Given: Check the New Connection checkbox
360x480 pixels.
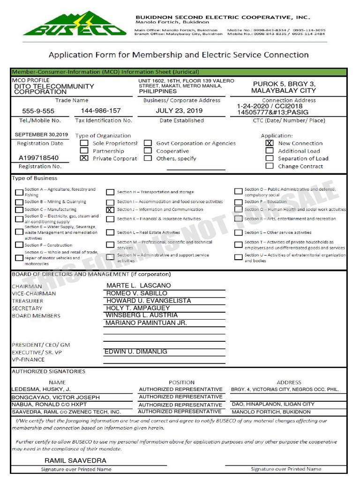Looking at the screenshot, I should (270, 143).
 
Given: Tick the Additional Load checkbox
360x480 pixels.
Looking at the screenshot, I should (270, 150).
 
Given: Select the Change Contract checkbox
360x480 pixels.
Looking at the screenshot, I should (270, 166).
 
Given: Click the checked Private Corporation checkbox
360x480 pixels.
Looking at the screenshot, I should (84, 158).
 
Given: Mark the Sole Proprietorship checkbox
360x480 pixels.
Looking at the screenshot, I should (84, 143).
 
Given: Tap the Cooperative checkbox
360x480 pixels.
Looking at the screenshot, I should (148, 151).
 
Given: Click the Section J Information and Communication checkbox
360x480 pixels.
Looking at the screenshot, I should (110, 210).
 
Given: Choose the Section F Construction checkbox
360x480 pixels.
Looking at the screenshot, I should (19, 245).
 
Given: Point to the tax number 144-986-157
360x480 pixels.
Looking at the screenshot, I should (101, 111).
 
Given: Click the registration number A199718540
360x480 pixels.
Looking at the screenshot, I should (39, 158).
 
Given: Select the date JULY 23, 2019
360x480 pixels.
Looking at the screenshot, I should (179, 111).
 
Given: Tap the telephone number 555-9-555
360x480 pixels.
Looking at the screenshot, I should (38, 111).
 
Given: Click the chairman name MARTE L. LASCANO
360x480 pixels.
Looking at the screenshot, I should (139, 285).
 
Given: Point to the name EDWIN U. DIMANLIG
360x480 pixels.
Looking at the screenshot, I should (135, 352).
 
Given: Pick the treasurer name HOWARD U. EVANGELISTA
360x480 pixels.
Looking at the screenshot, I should (149, 300).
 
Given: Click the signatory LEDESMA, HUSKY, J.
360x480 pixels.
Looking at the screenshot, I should (41, 389).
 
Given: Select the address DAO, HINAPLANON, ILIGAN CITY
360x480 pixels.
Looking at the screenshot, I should (273, 404).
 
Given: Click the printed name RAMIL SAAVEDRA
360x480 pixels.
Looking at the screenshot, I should (75, 461).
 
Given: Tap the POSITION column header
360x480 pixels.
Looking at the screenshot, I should (181, 382).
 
